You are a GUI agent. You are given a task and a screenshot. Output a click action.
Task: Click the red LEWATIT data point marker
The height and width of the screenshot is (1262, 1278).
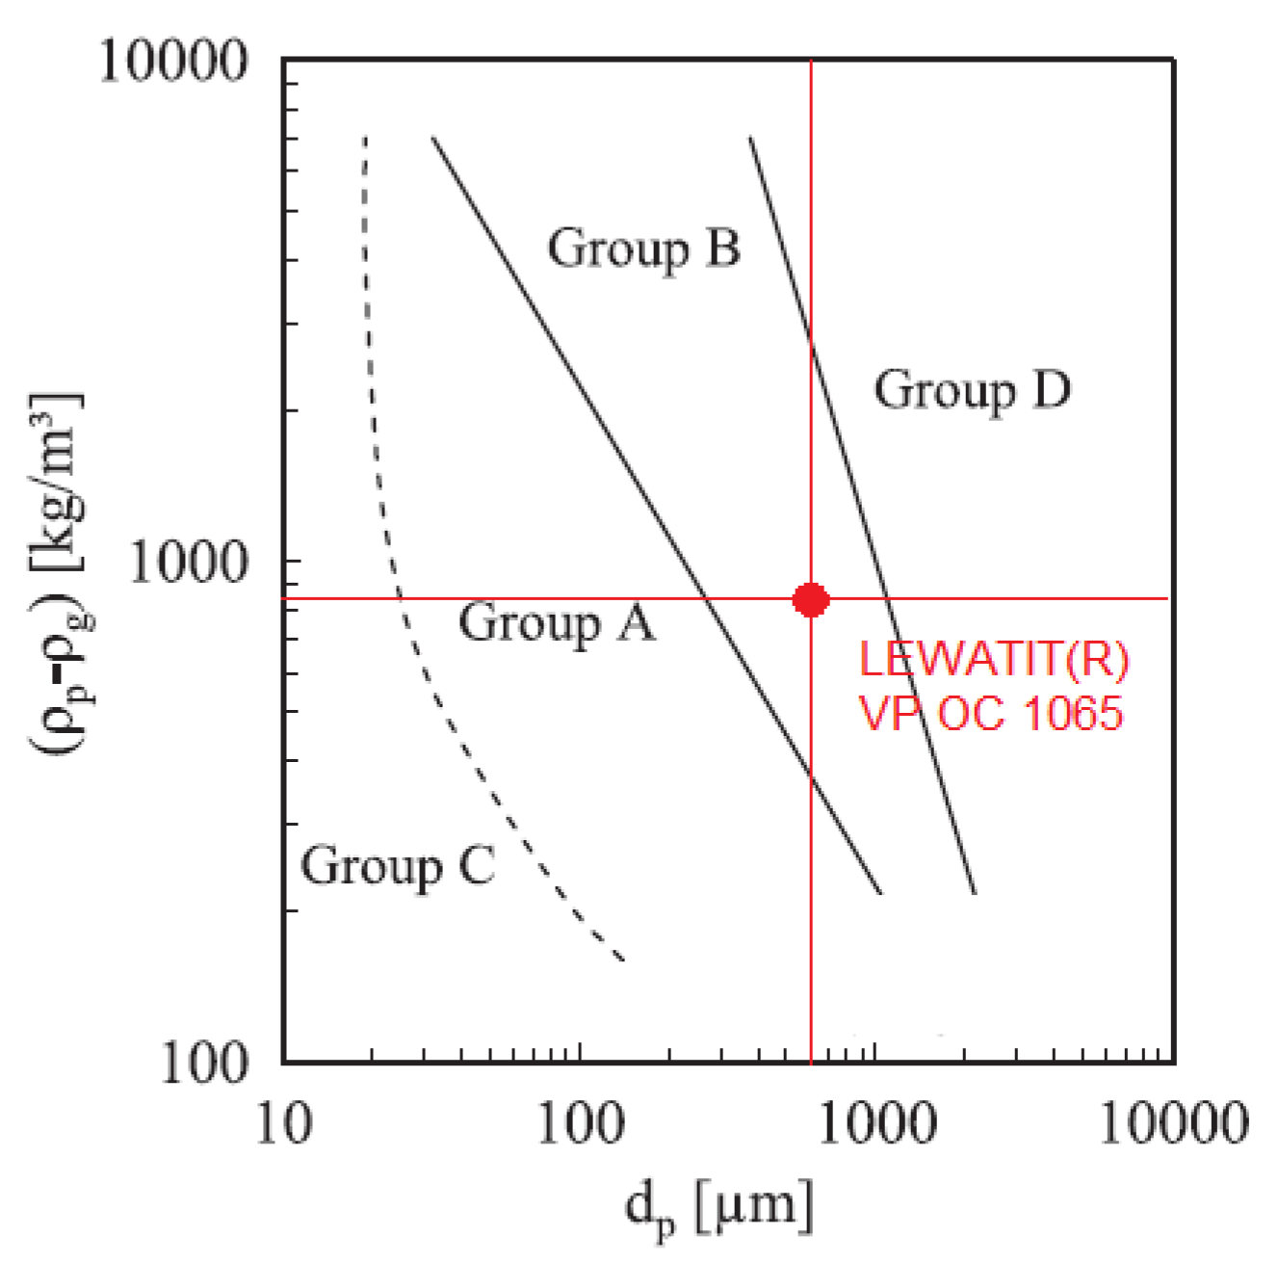(x=811, y=599)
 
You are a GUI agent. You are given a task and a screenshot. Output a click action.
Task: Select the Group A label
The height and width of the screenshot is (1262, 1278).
(x=556, y=622)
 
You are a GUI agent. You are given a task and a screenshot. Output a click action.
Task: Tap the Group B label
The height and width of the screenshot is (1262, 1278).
(x=643, y=249)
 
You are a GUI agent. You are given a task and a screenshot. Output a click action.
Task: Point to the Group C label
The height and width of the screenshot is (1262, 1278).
(x=398, y=864)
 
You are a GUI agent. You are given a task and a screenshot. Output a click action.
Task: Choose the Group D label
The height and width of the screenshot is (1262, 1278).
(x=971, y=390)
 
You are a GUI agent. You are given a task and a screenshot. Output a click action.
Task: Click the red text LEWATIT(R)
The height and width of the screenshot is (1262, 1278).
(x=993, y=661)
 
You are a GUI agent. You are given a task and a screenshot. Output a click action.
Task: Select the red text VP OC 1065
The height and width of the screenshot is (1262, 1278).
(x=990, y=714)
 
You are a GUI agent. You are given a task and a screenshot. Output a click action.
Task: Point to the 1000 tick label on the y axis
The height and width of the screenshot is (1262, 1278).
(x=189, y=562)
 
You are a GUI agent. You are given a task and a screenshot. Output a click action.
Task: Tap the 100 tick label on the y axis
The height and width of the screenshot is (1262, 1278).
(x=203, y=1063)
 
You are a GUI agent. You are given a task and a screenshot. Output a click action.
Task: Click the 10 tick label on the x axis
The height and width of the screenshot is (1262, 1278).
(x=284, y=1123)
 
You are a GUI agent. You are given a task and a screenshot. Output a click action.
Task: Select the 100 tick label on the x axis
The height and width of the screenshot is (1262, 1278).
(x=579, y=1123)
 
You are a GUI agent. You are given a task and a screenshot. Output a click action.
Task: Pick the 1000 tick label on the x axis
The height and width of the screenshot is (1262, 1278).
(x=875, y=1123)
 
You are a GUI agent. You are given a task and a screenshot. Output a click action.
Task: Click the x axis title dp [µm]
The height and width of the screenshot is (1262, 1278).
(x=718, y=1206)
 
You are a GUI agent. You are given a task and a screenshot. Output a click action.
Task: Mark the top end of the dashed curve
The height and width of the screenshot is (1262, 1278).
(x=365, y=138)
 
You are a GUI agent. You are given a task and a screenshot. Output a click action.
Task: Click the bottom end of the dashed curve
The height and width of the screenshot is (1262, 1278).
(x=623, y=960)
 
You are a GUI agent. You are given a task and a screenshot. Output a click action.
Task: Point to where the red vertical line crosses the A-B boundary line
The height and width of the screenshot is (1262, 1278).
(x=811, y=776)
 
